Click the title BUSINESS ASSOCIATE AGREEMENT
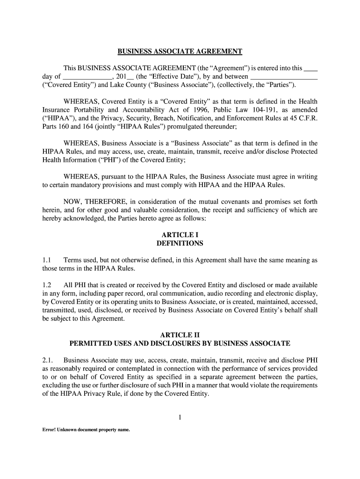[x=180, y=51]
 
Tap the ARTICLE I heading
[x=180, y=235]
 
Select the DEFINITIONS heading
[x=180, y=243]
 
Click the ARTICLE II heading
[x=180, y=335]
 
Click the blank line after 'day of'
[x=87, y=77]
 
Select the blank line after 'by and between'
[x=284, y=77]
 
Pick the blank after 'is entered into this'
[x=310, y=68]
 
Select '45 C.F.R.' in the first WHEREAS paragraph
[x=302, y=118]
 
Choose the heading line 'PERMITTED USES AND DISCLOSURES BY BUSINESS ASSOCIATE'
[x=180, y=344]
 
